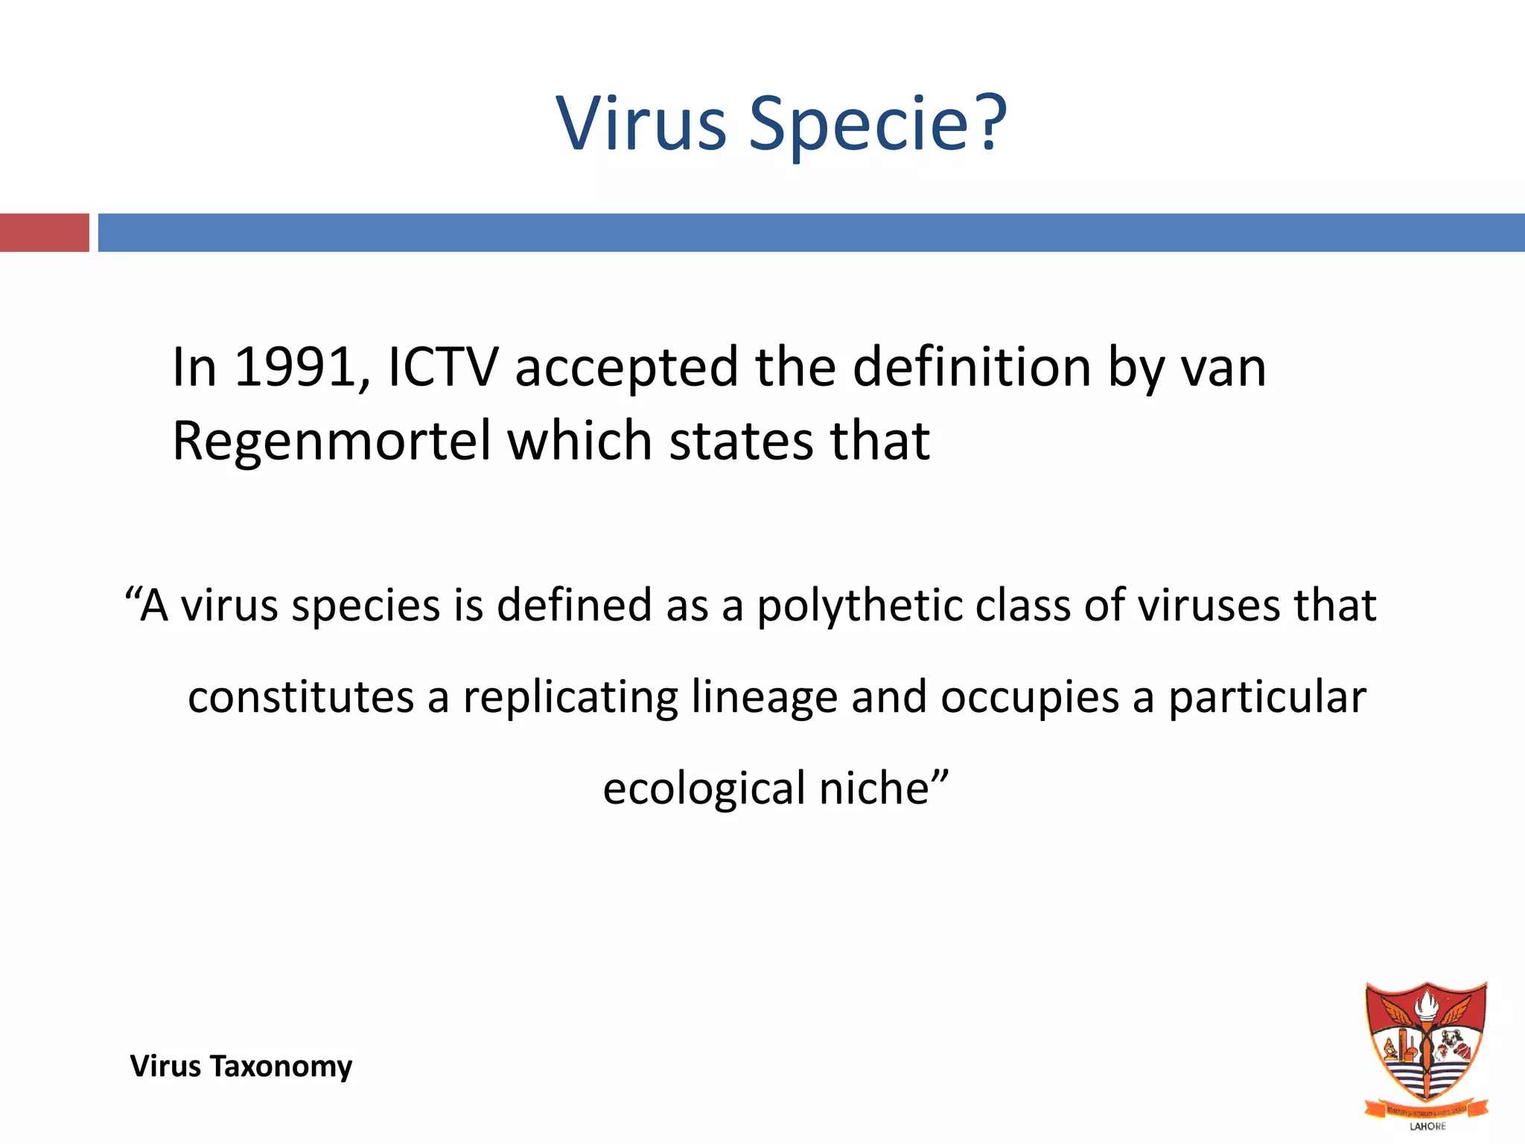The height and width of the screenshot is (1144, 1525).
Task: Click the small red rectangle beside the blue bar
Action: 44,232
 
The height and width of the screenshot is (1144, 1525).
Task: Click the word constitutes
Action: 301,698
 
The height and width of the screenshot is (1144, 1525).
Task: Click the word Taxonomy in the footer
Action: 281,1067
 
